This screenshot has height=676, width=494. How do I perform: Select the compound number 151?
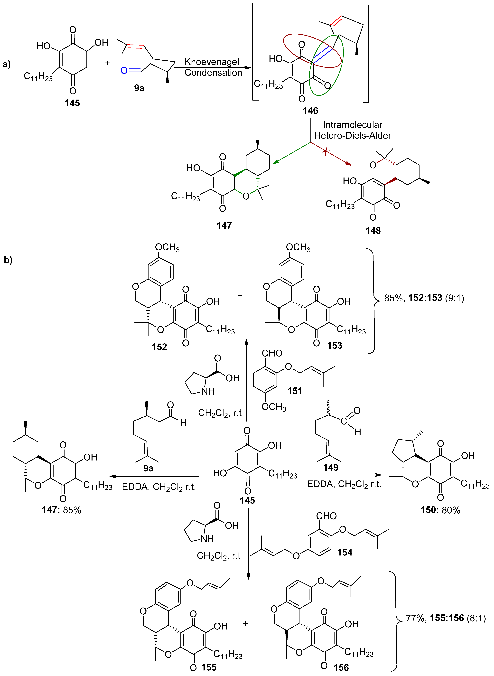coord(295,391)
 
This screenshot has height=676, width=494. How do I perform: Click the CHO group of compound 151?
coord(272,353)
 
